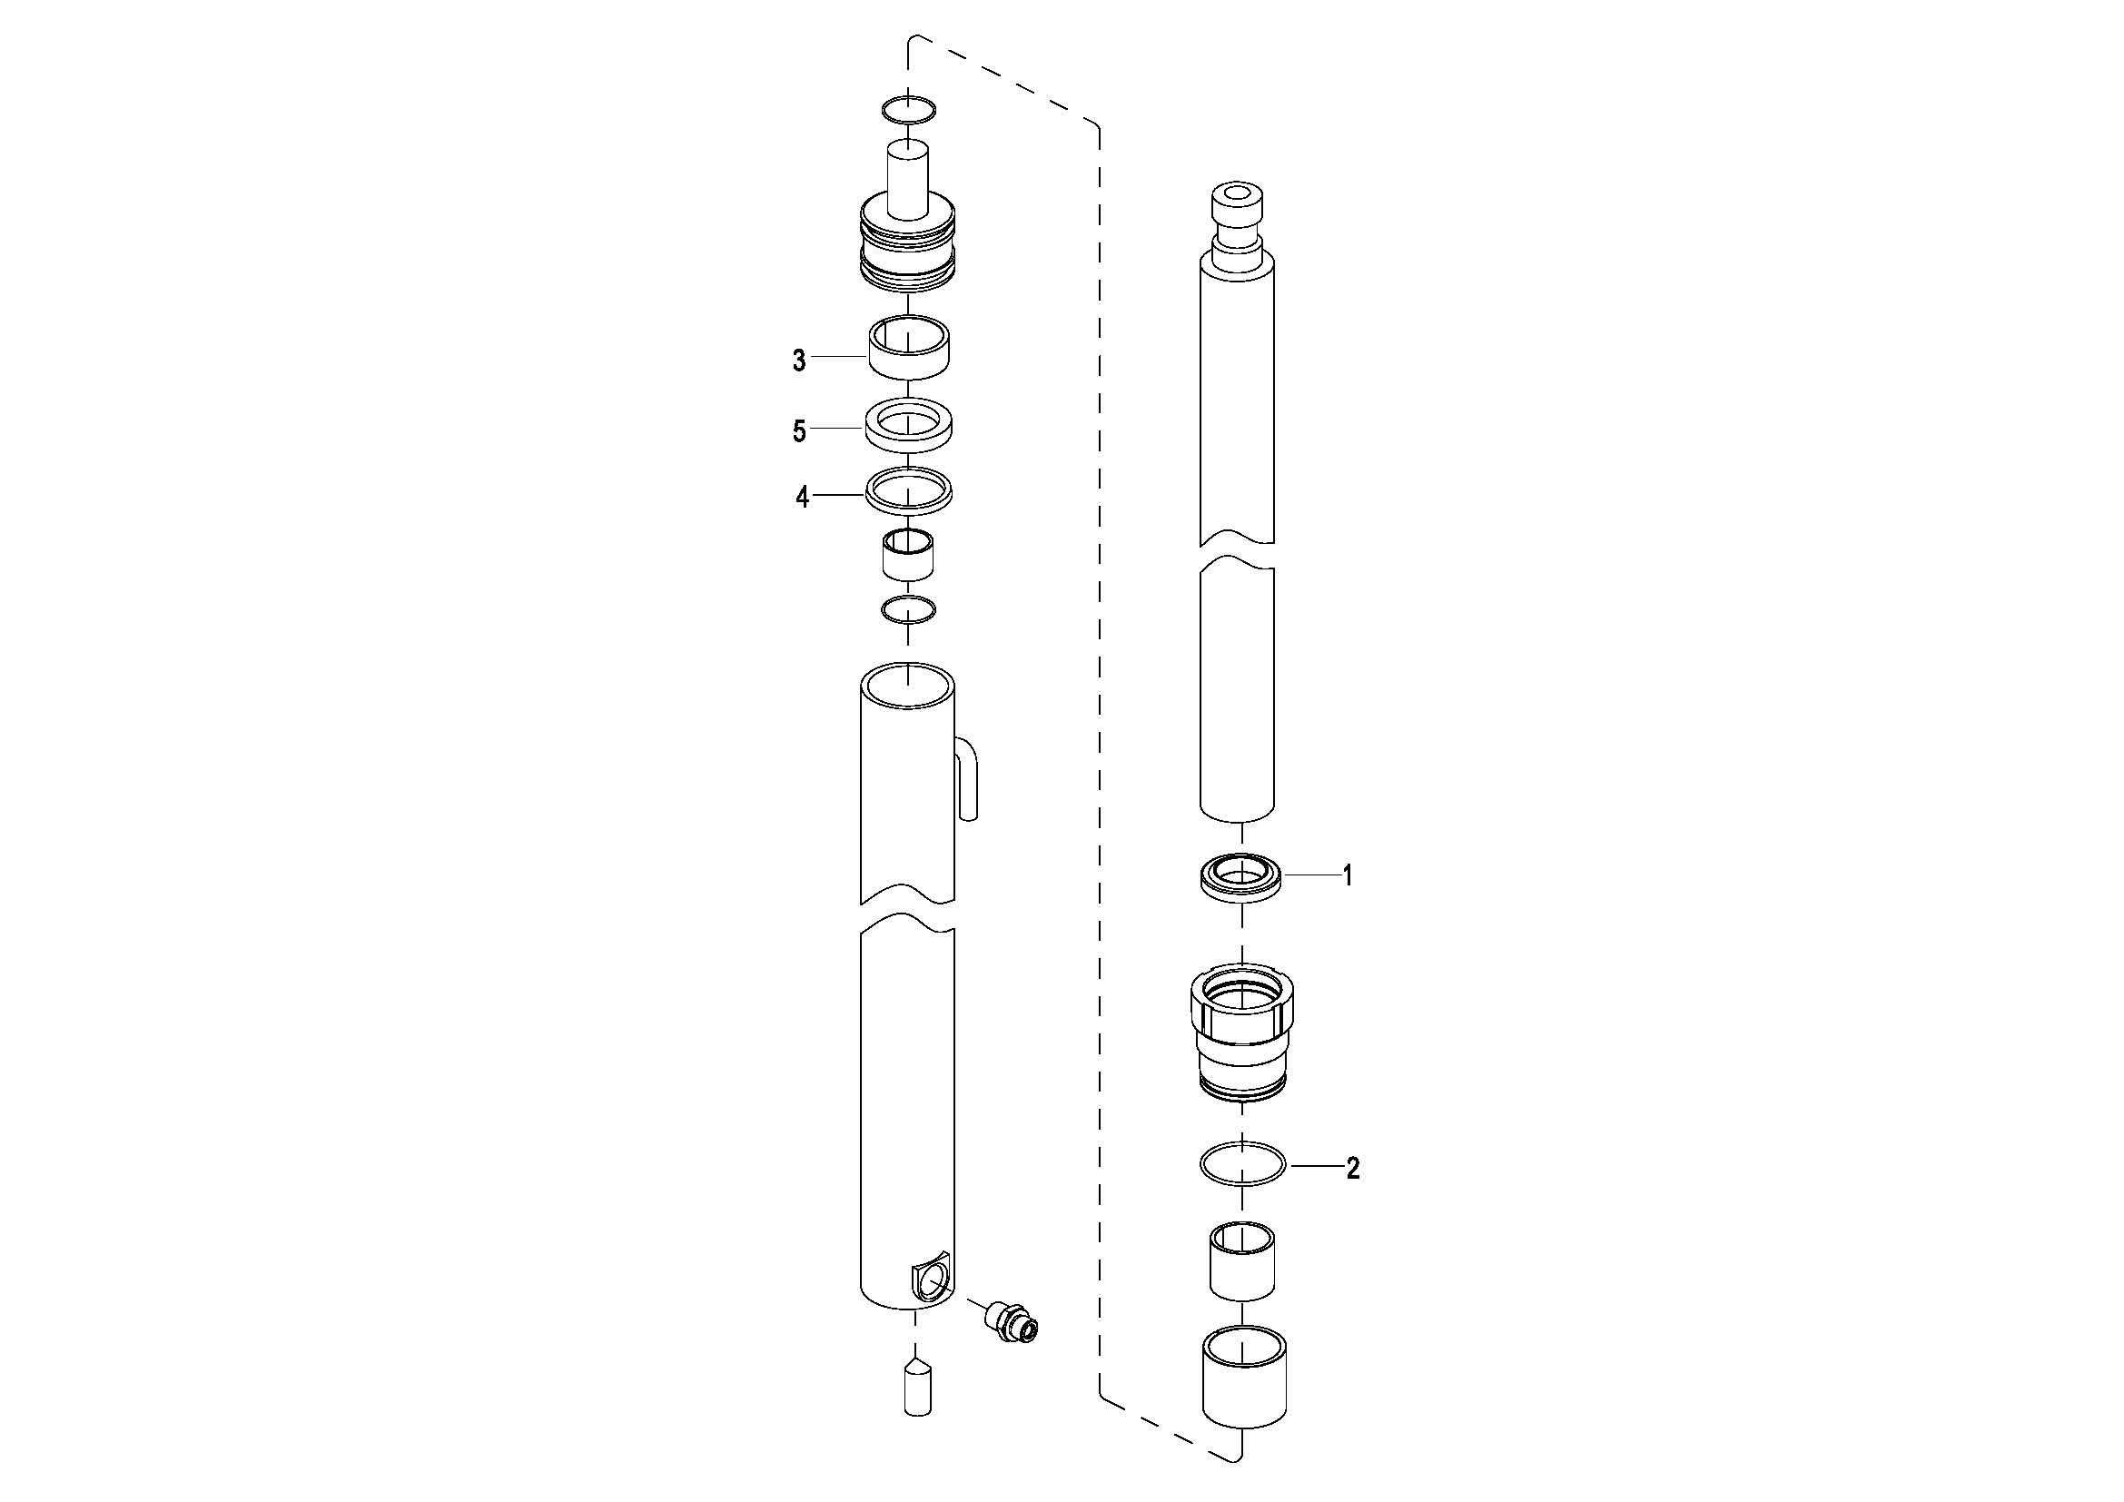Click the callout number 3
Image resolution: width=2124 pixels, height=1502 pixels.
[799, 361]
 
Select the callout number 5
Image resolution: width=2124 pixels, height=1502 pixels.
[799, 432]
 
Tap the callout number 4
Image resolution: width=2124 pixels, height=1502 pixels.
[802, 498]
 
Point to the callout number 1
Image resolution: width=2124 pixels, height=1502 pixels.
[1348, 875]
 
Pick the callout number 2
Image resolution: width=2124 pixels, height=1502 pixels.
[1352, 1169]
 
